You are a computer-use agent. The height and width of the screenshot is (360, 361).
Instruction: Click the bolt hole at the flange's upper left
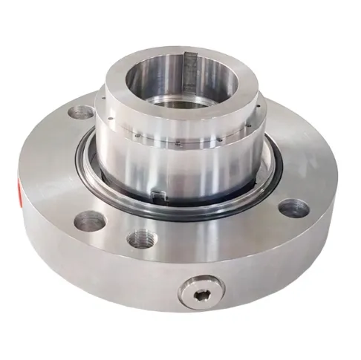coord(80,114)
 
